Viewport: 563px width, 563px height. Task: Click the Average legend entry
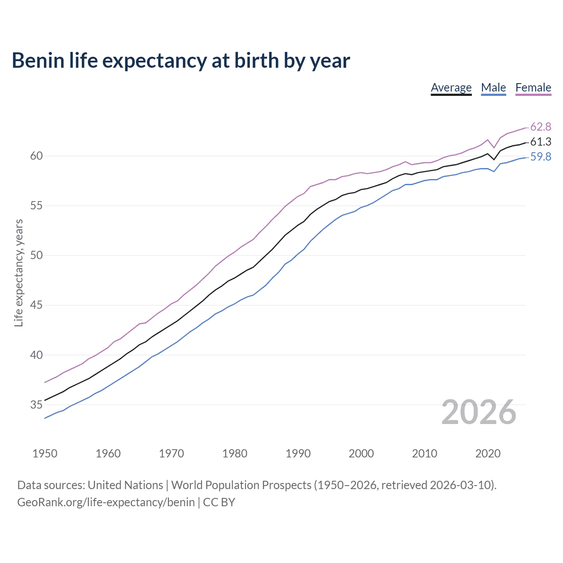point(451,88)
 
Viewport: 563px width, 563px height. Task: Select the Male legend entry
point(494,88)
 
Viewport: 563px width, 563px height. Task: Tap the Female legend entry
point(533,88)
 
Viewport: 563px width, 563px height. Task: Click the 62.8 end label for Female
point(541,127)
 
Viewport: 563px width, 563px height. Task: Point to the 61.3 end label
point(541,142)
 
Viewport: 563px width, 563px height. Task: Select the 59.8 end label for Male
point(541,157)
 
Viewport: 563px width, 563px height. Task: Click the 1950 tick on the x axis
point(45,453)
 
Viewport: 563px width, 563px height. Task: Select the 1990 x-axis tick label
point(298,453)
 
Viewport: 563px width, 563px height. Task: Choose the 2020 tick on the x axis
point(488,453)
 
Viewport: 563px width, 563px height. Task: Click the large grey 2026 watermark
point(479,412)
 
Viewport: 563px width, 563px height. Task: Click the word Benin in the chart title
point(38,60)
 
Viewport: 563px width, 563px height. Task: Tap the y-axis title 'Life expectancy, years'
point(18,273)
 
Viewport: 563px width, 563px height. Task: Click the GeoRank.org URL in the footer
point(106,502)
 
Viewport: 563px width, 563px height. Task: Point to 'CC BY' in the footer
point(219,502)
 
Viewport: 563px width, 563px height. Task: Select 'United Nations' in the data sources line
point(125,485)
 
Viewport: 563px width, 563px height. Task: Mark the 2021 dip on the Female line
point(494,147)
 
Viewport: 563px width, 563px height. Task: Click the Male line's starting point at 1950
point(45,418)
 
